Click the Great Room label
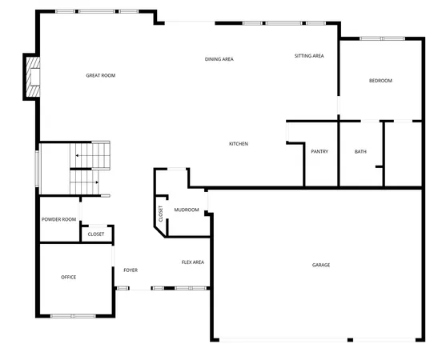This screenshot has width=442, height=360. point(101,75)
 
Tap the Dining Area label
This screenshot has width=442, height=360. point(219,59)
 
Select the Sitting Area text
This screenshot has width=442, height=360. point(308,56)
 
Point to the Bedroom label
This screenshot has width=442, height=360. point(380,81)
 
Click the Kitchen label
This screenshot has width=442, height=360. point(239,144)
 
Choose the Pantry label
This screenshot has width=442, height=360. point(319,151)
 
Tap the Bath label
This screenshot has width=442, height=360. point(360,151)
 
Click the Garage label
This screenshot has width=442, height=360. point(321,265)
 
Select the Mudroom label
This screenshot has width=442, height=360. point(186,210)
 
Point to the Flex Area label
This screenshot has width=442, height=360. point(193,262)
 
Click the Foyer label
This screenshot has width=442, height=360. point(131,270)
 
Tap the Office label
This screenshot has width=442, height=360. point(69,277)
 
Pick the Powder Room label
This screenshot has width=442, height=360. point(58,219)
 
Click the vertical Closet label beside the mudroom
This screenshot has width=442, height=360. point(161,214)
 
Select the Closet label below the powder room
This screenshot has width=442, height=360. point(96,234)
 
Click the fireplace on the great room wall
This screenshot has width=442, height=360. point(30,77)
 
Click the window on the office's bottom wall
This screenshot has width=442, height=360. point(73,316)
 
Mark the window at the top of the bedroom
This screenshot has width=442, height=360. point(382,38)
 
